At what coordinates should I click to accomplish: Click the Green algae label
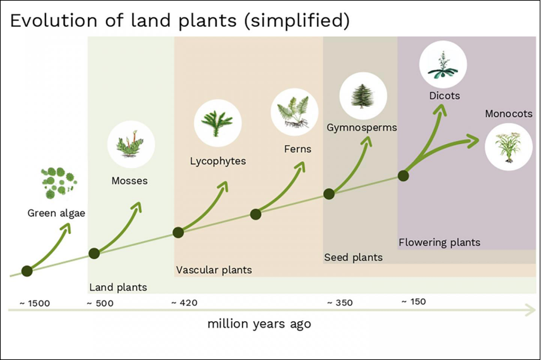(56, 213)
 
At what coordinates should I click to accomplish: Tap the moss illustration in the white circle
(130, 144)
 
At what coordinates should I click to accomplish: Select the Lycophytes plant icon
(217, 123)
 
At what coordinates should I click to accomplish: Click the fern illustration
(294, 112)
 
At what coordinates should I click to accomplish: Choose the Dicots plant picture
(443, 65)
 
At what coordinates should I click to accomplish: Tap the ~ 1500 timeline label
(35, 303)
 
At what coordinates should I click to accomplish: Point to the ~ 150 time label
(413, 301)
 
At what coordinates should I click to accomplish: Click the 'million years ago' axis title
(259, 324)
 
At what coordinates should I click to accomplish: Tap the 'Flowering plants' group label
(439, 242)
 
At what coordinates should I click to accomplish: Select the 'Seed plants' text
(353, 257)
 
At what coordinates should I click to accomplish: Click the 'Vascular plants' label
(214, 270)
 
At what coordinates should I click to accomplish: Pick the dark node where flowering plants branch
(403, 176)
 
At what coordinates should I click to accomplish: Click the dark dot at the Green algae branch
(27, 271)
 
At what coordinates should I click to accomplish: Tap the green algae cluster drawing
(57, 183)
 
